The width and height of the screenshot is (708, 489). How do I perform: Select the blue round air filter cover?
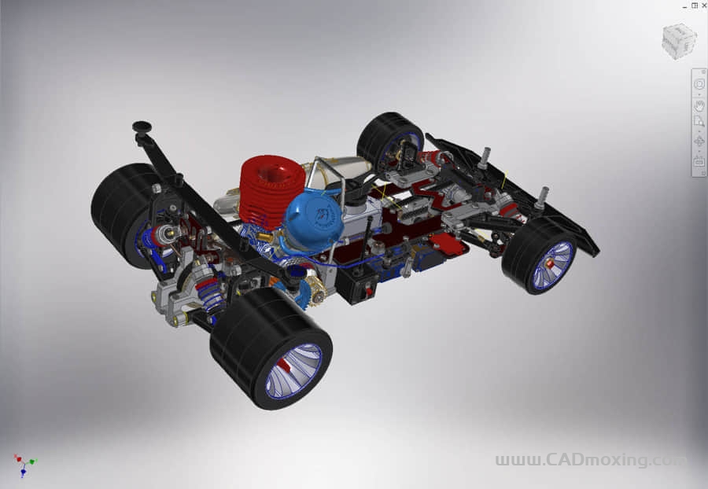[x=314, y=223]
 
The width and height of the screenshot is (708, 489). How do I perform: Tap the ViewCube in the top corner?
[x=678, y=41]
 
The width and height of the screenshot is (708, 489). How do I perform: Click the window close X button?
[x=702, y=5]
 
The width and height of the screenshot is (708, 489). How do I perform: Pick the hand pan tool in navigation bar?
[x=699, y=105]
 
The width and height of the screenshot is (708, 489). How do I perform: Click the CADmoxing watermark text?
[x=590, y=460]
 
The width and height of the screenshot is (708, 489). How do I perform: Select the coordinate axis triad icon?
[x=24, y=465]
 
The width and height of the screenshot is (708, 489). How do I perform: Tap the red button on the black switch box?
[x=367, y=293]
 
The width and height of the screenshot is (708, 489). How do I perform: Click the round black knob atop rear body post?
[x=142, y=126]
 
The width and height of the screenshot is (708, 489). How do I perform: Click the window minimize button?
[x=684, y=5]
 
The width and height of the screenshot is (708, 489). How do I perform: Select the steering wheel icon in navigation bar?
[x=699, y=83]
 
